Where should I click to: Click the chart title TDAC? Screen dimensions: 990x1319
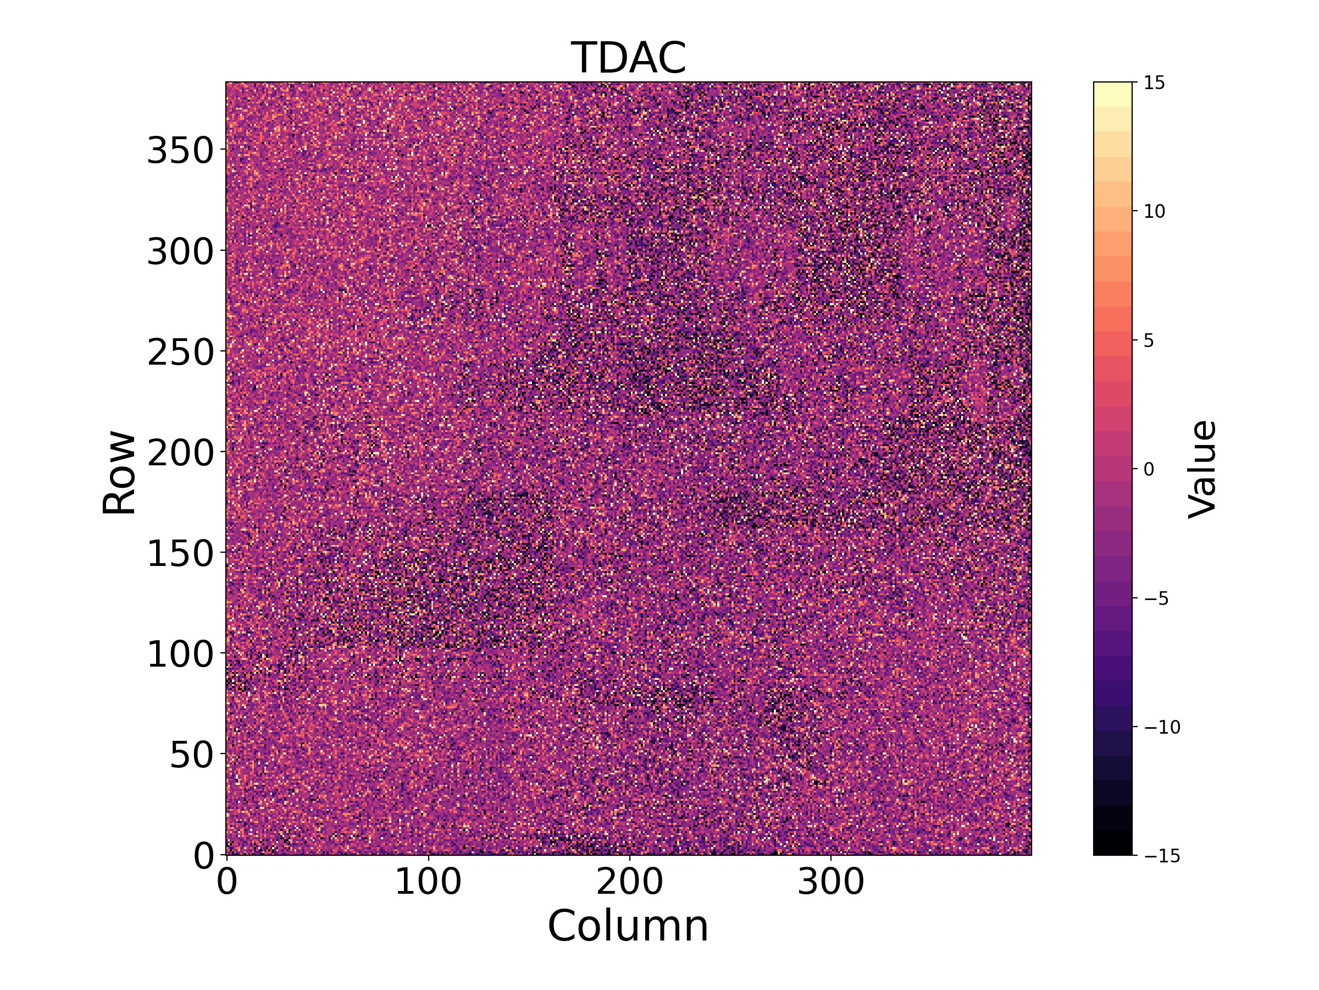pos(629,58)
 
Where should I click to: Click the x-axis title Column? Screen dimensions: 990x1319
pos(629,927)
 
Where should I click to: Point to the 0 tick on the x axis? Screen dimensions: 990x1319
pos(227,882)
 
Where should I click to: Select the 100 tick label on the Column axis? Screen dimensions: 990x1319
pos(428,882)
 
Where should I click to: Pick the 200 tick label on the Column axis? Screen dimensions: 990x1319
pos(630,882)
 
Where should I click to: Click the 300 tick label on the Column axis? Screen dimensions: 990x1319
pos(830,882)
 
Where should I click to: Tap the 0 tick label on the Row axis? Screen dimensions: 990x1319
pos(204,856)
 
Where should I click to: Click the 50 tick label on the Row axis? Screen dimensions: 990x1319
pos(192,756)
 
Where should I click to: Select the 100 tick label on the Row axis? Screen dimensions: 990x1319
pos(180,654)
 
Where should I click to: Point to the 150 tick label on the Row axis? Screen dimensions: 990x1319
pos(180,554)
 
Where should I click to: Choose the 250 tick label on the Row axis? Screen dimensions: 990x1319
pos(180,353)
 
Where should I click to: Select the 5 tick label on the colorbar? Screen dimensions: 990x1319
pos(1149,341)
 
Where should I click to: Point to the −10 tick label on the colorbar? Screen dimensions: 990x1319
pos(1162,728)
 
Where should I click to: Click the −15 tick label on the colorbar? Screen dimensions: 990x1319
pos(1162,856)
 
